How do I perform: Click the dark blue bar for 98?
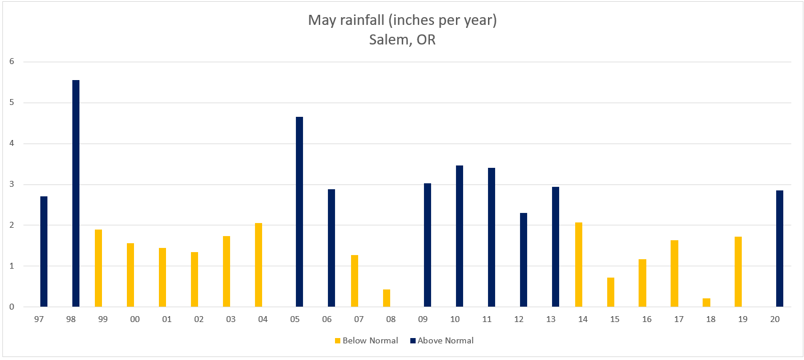[76, 193]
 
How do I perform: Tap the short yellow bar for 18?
[706, 302]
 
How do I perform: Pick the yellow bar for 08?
[387, 298]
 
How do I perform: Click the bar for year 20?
[780, 249]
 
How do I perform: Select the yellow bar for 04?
[259, 265]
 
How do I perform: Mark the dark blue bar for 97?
[44, 251]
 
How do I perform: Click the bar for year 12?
[524, 260]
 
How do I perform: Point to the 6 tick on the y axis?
[11, 62]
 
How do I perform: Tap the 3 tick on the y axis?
[11, 184]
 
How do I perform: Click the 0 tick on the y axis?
[11, 307]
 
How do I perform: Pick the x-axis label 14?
[582, 319]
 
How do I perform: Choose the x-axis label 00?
[135, 319]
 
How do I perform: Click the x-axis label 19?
[742, 319]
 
